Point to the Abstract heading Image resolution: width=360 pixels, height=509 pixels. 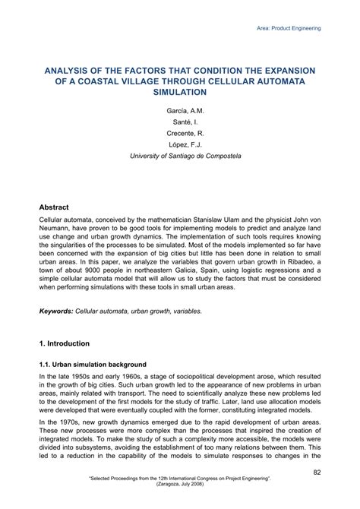click(x=54, y=207)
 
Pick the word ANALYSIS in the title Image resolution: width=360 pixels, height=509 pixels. click(x=68, y=68)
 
